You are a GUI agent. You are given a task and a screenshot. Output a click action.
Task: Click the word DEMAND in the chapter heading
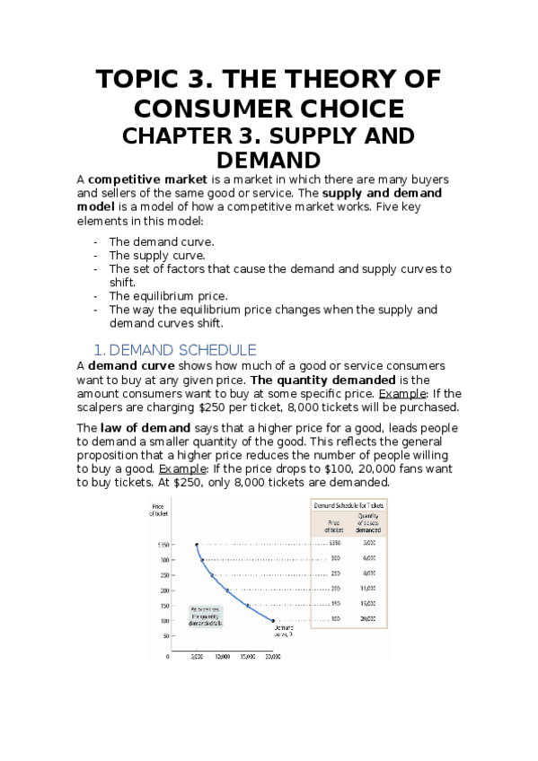(x=269, y=160)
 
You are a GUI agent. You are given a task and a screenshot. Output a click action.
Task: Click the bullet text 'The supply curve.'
(x=156, y=255)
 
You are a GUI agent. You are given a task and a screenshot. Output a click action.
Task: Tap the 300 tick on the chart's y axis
(x=164, y=560)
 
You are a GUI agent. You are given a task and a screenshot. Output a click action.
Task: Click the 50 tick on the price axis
(x=166, y=635)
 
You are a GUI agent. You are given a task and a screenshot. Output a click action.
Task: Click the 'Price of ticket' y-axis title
(x=161, y=511)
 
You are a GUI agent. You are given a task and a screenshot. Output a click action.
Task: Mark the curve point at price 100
(x=273, y=620)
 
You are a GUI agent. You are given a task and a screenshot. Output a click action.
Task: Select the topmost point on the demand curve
(x=197, y=545)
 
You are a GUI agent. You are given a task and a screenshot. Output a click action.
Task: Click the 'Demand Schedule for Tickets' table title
(x=348, y=506)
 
